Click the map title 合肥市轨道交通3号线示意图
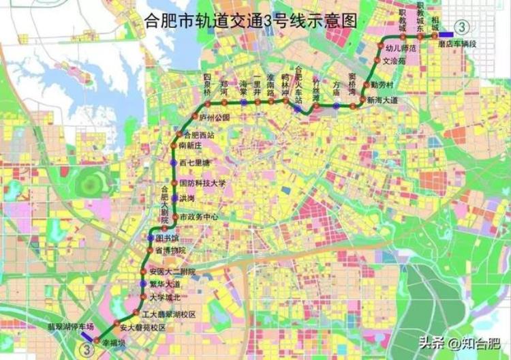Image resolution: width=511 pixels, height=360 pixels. [251, 20]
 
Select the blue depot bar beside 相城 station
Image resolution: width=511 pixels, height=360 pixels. [448, 35]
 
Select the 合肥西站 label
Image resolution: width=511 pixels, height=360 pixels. [199, 135]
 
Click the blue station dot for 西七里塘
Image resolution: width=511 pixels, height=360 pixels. [173, 164]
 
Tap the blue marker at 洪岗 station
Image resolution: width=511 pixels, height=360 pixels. [174, 198]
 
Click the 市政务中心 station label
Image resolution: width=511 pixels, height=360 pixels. [199, 217]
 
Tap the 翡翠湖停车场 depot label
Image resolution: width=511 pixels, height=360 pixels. [70, 327]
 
